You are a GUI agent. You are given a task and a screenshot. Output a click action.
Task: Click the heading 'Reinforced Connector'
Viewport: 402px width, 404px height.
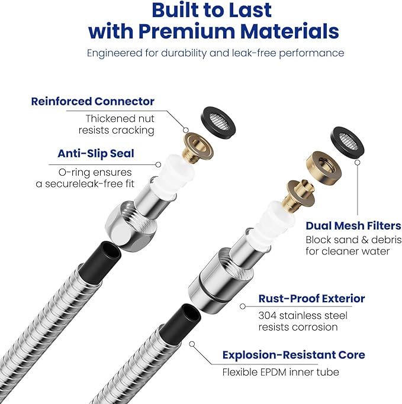92,101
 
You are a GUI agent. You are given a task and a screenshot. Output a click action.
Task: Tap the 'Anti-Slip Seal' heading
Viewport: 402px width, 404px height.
96,154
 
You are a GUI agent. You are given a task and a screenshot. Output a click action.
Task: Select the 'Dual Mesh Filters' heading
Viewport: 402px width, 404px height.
353,226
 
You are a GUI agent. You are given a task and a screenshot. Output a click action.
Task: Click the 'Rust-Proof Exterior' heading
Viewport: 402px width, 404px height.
311,299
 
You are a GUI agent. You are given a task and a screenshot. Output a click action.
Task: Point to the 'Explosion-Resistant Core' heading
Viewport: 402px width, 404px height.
294,355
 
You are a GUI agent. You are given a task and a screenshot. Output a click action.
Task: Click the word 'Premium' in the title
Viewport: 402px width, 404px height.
186,31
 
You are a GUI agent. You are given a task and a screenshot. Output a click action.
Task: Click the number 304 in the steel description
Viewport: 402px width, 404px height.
267,316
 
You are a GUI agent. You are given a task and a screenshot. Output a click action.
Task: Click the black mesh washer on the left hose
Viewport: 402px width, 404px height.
218,120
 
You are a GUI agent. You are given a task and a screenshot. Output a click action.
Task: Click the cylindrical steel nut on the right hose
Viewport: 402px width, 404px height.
220,280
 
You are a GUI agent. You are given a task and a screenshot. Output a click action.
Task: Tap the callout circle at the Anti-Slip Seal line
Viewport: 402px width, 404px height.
158,164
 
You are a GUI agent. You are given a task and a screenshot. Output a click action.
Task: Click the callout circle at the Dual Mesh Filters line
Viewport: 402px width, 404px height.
358,163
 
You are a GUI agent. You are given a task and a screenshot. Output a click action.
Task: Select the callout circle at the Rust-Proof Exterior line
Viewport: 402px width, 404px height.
242,306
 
